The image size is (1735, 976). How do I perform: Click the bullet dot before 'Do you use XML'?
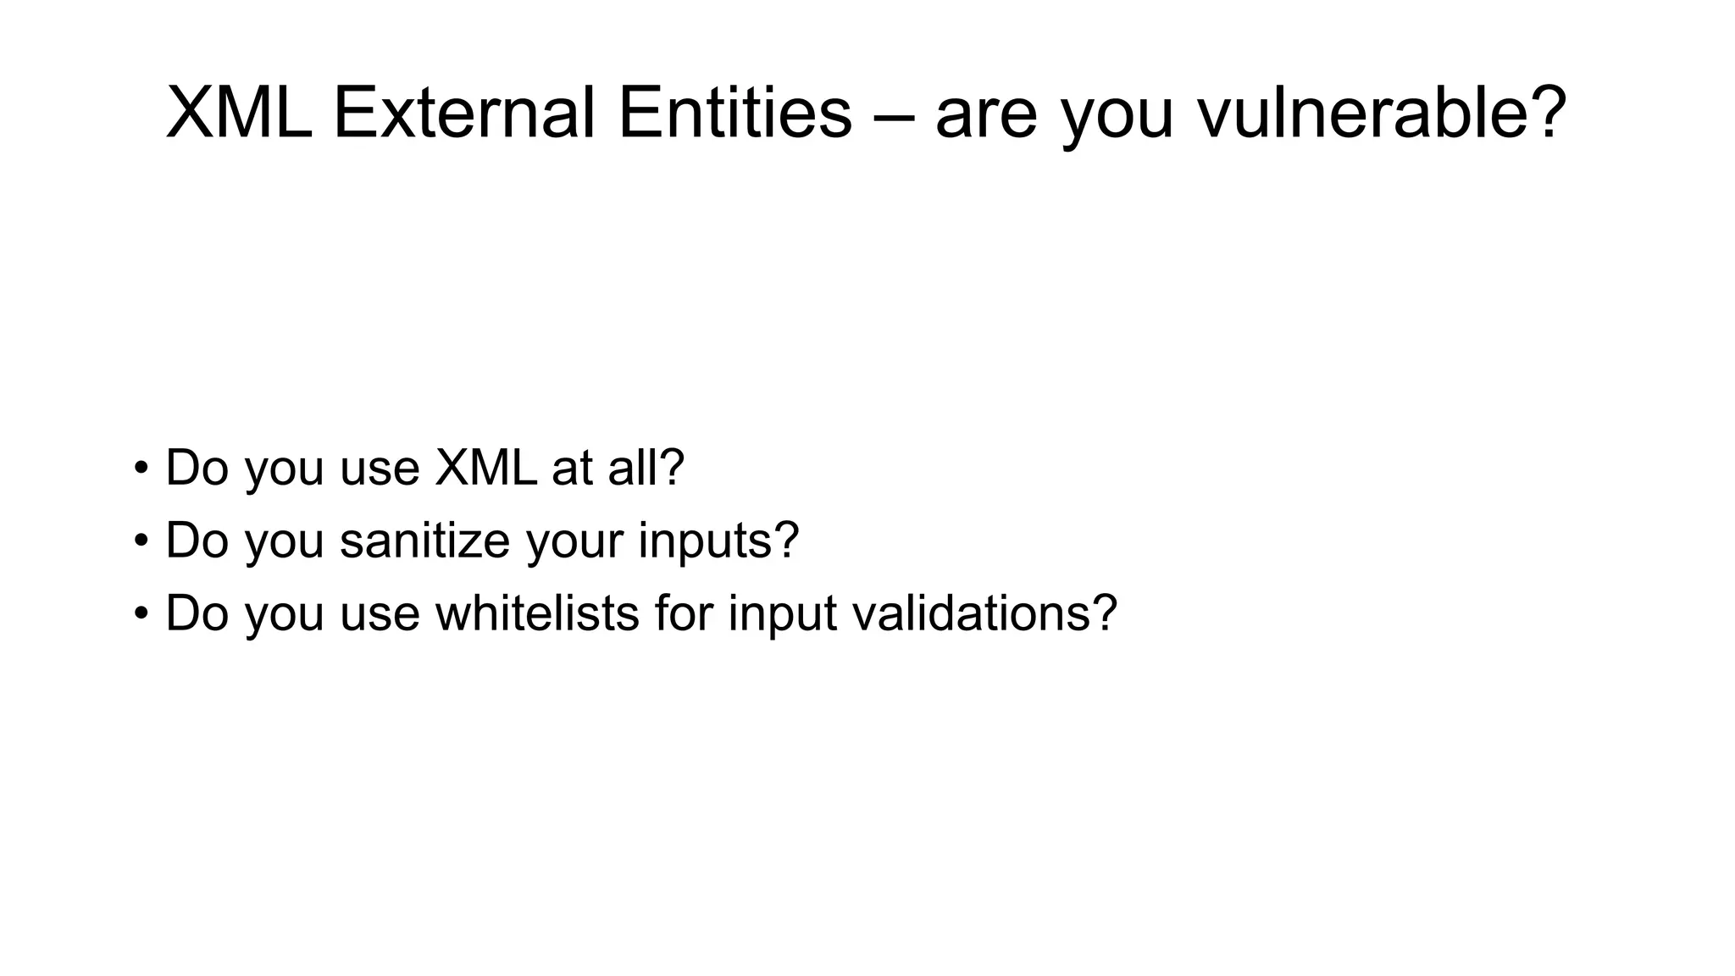(x=141, y=468)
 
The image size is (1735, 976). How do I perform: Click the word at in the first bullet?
(x=572, y=469)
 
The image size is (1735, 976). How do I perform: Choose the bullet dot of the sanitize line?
(x=141, y=541)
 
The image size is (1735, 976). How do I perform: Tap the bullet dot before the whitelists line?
(x=141, y=613)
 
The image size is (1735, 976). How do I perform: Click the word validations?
(x=974, y=613)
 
